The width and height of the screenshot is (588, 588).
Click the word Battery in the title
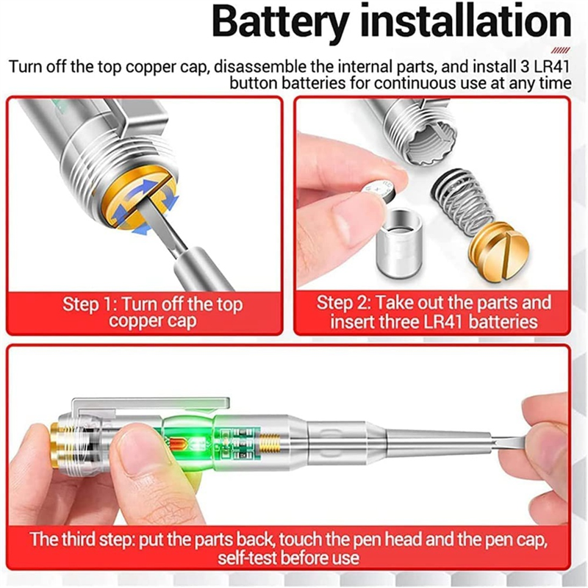pyautogui.click(x=280, y=24)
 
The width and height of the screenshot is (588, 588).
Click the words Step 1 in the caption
pyautogui.click(x=90, y=304)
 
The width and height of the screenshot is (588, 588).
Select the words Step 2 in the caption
pyautogui.click(x=343, y=303)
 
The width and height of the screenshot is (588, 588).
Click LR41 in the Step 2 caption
pyautogui.click(x=444, y=322)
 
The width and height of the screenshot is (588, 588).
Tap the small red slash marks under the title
pyautogui.click(x=561, y=51)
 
